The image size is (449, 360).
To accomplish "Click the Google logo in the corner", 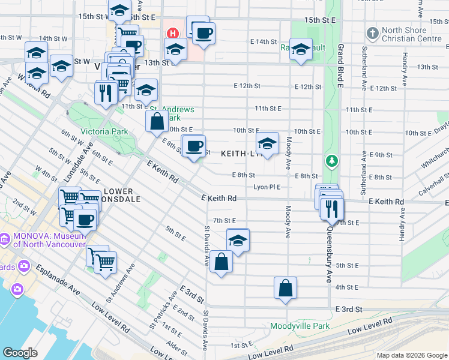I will [x=20, y=353].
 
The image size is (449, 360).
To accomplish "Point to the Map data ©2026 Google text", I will [x=411, y=355].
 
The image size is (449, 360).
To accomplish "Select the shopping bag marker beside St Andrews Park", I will [x=157, y=121].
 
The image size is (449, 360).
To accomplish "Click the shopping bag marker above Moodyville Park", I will [x=286, y=287].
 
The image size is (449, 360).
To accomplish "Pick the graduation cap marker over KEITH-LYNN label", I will [x=267, y=143].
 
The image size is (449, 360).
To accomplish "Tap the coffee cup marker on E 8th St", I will [x=194, y=146].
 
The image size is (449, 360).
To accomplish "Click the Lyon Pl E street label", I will [x=267, y=187].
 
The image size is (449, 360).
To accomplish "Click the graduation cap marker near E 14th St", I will [x=300, y=49].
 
